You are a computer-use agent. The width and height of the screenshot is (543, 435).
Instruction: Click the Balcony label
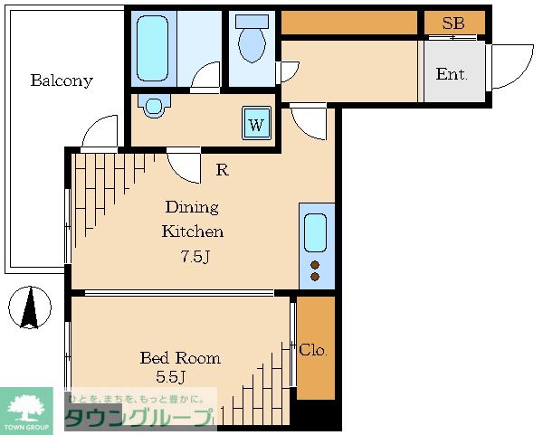pos(62,80)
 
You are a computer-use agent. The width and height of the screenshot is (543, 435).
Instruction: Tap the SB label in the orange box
pos(453,24)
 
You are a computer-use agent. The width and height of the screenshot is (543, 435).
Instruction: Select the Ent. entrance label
pos(452,74)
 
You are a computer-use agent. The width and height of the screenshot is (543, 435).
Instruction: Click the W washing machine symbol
pos(256,123)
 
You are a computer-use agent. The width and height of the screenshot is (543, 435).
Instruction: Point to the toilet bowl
pos(252,43)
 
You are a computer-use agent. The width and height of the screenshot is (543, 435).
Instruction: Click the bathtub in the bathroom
pos(152,49)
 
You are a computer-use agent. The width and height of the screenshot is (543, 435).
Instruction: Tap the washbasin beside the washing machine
pos(154,106)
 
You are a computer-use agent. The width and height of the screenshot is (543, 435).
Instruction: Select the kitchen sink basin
pos(315,232)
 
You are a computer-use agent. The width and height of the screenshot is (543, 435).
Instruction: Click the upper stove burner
pos(315,265)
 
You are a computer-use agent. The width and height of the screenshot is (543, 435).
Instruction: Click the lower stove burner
pos(315,277)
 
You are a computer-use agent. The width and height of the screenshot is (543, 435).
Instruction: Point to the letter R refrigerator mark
pos(223,170)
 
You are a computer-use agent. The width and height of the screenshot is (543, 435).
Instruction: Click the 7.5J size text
pos(195,257)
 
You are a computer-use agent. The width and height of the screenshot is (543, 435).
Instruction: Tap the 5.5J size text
pos(171,376)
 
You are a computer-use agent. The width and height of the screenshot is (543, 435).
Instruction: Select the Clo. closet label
pos(313,350)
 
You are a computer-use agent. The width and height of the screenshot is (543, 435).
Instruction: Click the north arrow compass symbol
pos(30,307)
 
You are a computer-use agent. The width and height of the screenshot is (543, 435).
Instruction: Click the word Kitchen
pos(193,232)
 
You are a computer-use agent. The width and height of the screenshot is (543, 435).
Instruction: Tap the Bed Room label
pos(180,358)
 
